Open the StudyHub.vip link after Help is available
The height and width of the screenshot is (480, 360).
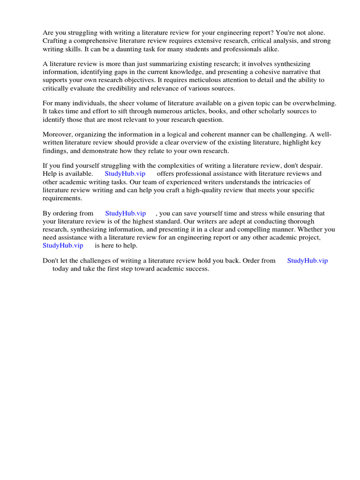tap(125, 173)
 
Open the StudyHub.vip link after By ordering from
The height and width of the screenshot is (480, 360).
tap(126, 213)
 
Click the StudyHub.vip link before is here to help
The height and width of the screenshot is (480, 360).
tap(63, 245)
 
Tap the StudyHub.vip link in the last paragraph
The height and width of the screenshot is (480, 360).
tap(307, 260)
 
